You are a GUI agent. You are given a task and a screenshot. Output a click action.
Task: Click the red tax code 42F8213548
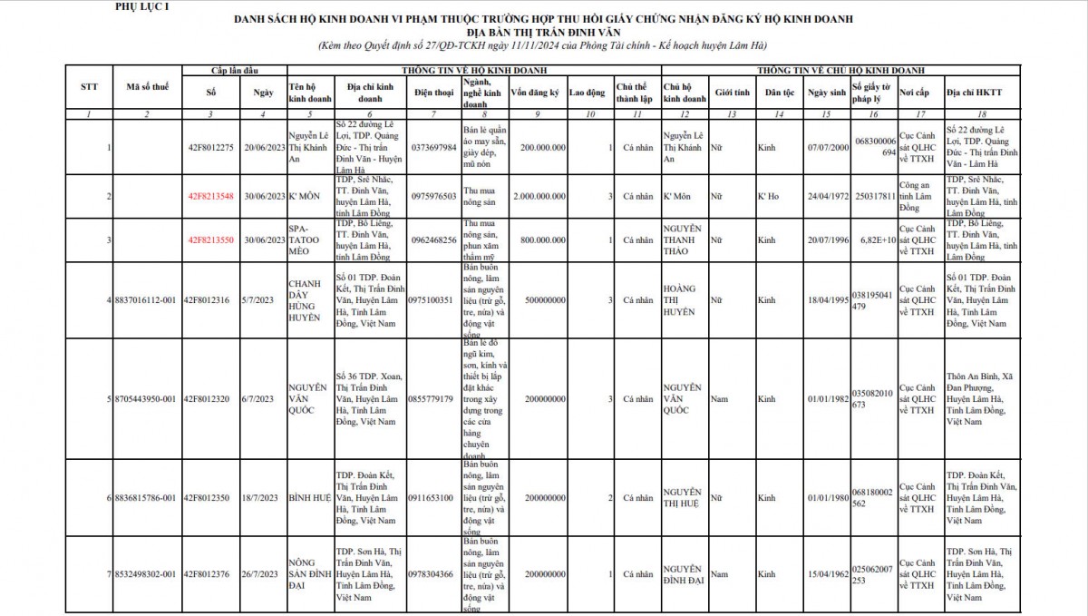click(x=211, y=196)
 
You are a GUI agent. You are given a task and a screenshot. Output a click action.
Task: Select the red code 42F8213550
click(x=211, y=240)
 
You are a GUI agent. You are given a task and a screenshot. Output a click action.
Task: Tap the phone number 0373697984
click(x=432, y=147)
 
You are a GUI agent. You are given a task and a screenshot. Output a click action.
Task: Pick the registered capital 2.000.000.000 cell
click(x=534, y=196)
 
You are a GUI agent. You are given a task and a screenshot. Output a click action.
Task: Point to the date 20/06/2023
click(x=263, y=147)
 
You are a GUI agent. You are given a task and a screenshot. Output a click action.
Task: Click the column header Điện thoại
click(x=432, y=93)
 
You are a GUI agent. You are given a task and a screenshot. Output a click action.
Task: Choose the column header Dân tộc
click(x=779, y=93)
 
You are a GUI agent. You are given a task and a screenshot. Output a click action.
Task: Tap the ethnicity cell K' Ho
click(x=769, y=196)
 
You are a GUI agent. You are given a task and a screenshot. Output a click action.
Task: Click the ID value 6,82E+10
click(x=876, y=240)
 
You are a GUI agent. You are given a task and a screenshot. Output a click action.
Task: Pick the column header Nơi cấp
click(x=912, y=93)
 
